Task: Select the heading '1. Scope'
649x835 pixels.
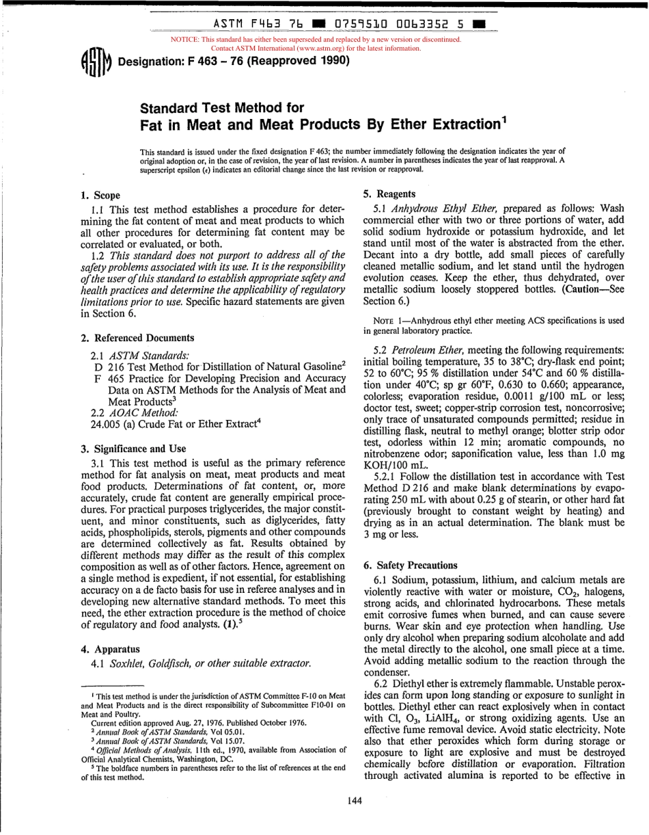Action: pyautogui.click(x=100, y=196)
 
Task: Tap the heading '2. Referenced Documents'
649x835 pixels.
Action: pyautogui.click(x=137, y=338)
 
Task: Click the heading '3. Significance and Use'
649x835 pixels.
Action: pyautogui.click(x=133, y=449)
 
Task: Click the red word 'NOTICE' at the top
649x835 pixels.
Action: pyautogui.click(x=188, y=40)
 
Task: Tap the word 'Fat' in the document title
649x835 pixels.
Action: pyautogui.click(x=152, y=125)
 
